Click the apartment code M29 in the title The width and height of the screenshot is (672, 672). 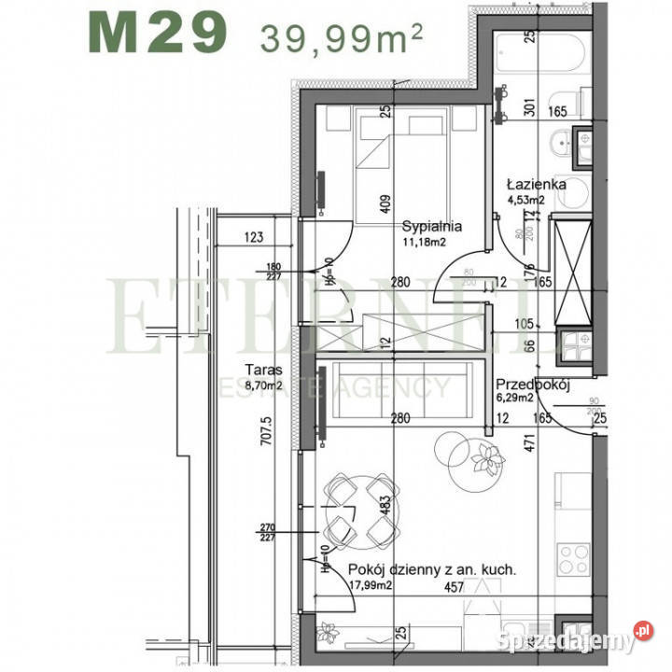pyautogui.click(x=158, y=34)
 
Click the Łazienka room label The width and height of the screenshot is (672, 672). pyautogui.click(x=537, y=184)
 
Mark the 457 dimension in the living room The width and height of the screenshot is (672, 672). pyautogui.click(x=453, y=588)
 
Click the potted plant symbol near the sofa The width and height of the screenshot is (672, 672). pyautogui.click(x=486, y=457)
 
